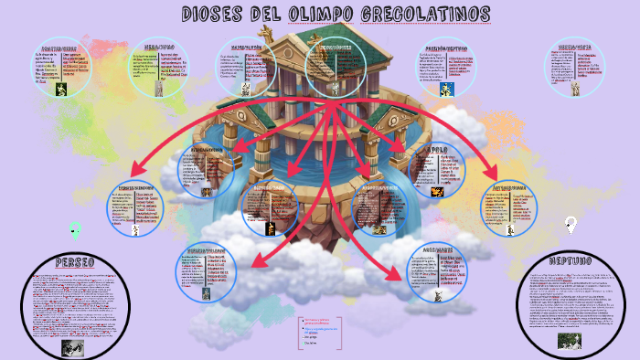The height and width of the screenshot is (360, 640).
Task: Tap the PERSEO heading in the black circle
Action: [75, 263]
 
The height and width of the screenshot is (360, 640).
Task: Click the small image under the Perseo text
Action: [71, 347]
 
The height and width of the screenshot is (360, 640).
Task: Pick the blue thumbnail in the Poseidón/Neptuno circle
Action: [449, 90]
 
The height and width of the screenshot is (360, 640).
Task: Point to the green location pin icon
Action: [76, 228]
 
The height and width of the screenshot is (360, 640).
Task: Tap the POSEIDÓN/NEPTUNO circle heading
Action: [447, 48]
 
